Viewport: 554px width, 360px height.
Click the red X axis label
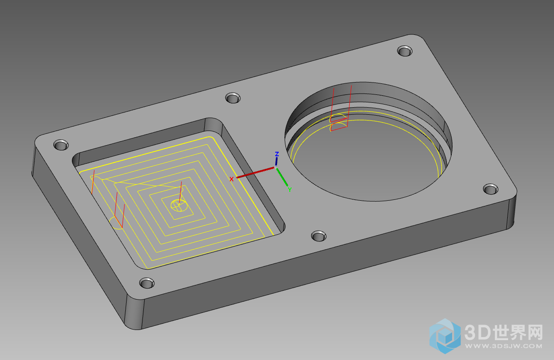click(232, 179)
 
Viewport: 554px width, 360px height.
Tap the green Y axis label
click(290, 190)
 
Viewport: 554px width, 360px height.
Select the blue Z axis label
click(277, 154)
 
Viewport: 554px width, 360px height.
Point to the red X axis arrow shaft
click(255, 172)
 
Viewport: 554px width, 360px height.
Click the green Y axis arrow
click(282, 177)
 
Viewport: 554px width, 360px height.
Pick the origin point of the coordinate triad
click(276, 168)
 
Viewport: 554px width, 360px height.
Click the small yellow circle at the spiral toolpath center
click(180, 205)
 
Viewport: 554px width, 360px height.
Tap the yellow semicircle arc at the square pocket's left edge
click(116, 223)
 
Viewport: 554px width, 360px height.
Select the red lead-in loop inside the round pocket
click(338, 123)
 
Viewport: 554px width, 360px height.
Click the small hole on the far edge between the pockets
click(233, 98)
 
